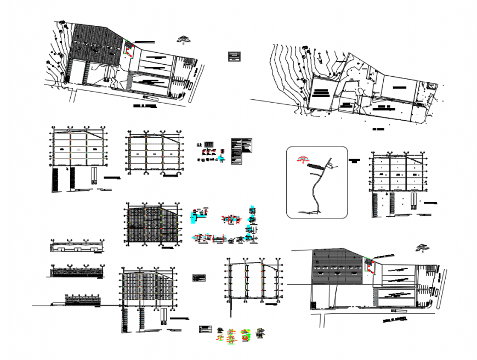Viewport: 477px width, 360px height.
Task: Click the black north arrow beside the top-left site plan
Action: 183,39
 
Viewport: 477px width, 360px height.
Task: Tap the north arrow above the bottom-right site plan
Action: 422,247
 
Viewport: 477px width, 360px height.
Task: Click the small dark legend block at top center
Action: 235,56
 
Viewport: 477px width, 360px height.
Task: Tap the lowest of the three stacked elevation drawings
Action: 82,300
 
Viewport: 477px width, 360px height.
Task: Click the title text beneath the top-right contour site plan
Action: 377,130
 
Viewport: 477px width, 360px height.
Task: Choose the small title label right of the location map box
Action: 355,161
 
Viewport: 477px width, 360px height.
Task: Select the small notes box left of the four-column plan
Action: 199,278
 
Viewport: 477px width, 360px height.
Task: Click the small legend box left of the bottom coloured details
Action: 205,329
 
